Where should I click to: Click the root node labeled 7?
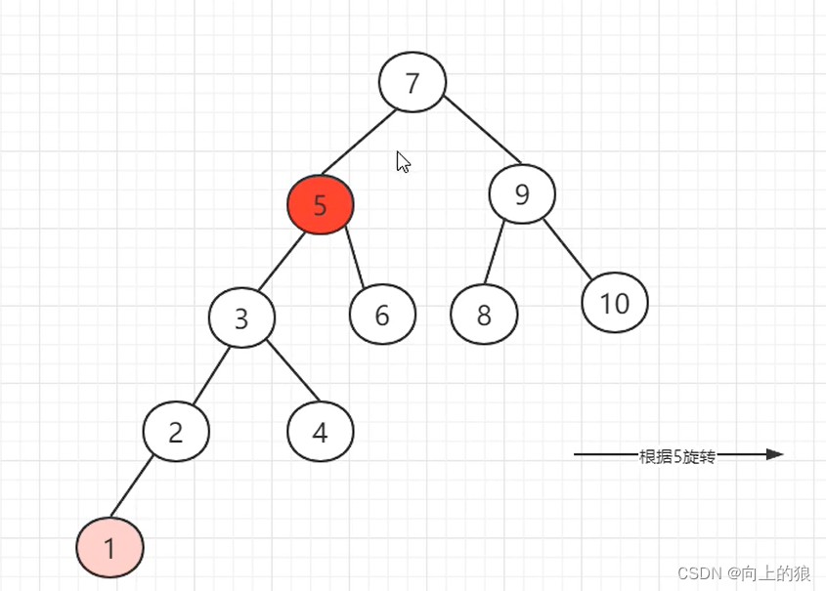(413, 83)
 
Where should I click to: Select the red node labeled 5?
(320, 205)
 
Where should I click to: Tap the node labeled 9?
(522, 193)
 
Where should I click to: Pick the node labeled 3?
(241, 318)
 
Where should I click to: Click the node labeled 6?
(382, 315)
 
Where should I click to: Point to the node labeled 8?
(484, 315)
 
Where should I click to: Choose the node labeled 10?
(615, 303)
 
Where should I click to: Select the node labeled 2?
(176, 432)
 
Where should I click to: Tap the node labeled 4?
(321, 431)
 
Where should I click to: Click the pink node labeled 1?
(110, 548)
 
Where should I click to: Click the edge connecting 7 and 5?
(359, 143)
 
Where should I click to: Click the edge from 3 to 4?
(292, 372)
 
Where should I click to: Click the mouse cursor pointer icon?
(402, 161)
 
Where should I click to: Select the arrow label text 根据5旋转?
(676, 455)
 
